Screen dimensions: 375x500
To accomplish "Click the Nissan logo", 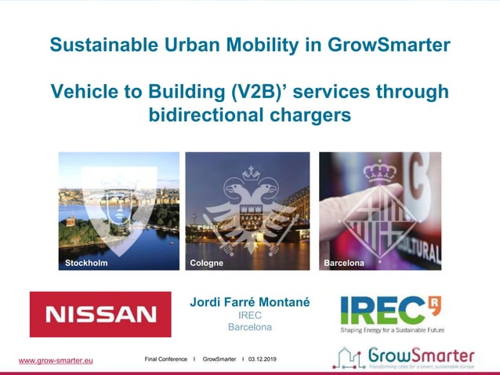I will point(100,314).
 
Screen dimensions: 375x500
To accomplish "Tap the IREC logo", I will point(389,310).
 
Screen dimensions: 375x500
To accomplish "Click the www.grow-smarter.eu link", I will point(56,360).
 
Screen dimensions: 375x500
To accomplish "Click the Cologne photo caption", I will point(207,264).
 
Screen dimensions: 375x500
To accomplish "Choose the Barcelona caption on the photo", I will point(344,264).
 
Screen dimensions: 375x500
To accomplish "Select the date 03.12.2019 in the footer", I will point(265,359).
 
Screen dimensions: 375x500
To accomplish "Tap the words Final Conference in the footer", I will point(165,359).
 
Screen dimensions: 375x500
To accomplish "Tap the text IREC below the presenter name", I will point(249,315).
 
